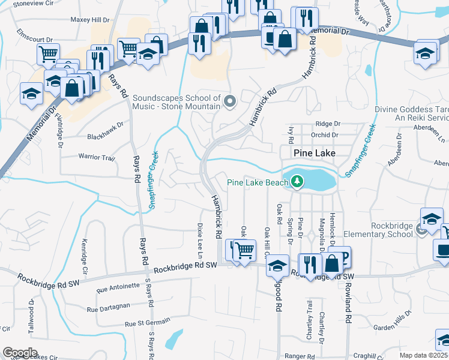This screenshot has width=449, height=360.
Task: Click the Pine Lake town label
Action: [x=314, y=153]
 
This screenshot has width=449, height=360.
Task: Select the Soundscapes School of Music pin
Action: [x=229, y=102]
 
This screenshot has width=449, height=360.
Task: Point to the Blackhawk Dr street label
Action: [x=105, y=125]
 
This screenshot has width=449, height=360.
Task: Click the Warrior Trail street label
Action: [x=96, y=157]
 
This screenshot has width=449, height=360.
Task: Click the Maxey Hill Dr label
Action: [x=89, y=19]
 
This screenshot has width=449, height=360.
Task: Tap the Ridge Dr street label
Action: [x=328, y=124]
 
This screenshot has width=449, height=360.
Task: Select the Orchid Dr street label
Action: [x=326, y=135]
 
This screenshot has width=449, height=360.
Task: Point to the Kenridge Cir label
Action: [x=84, y=257]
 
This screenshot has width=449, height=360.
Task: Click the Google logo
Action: [x=20, y=353]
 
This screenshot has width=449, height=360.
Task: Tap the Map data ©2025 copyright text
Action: [x=424, y=355]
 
